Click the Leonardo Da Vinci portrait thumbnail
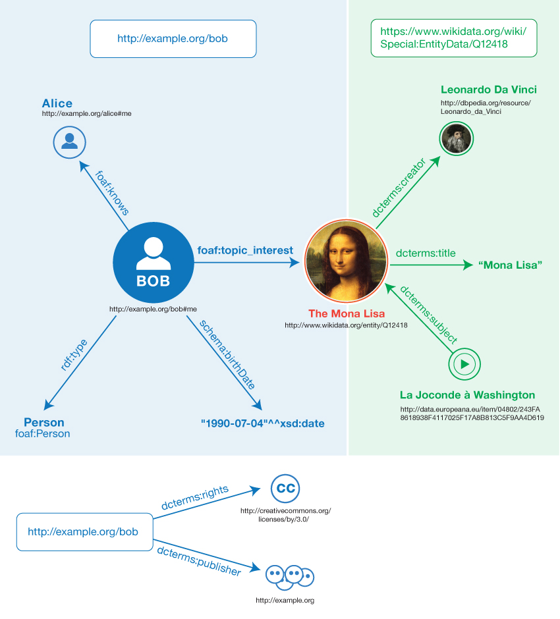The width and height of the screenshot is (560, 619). click(x=457, y=138)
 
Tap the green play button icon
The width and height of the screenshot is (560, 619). click(x=464, y=363)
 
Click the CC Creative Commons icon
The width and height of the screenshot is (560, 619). click(x=285, y=489)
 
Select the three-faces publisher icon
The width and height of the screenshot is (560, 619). click(x=289, y=576)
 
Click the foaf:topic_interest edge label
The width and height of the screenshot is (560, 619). click(x=245, y=250)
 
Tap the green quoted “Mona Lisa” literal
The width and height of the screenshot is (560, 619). click(x=511, y=265)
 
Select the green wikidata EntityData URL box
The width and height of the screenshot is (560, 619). click(x=454, y=38)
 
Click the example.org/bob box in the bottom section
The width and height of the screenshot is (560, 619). click(x=83, y=531)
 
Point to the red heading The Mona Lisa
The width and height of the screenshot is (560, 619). click(x=346, y=313)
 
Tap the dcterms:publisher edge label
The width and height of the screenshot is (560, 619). click(x=199, y=560)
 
